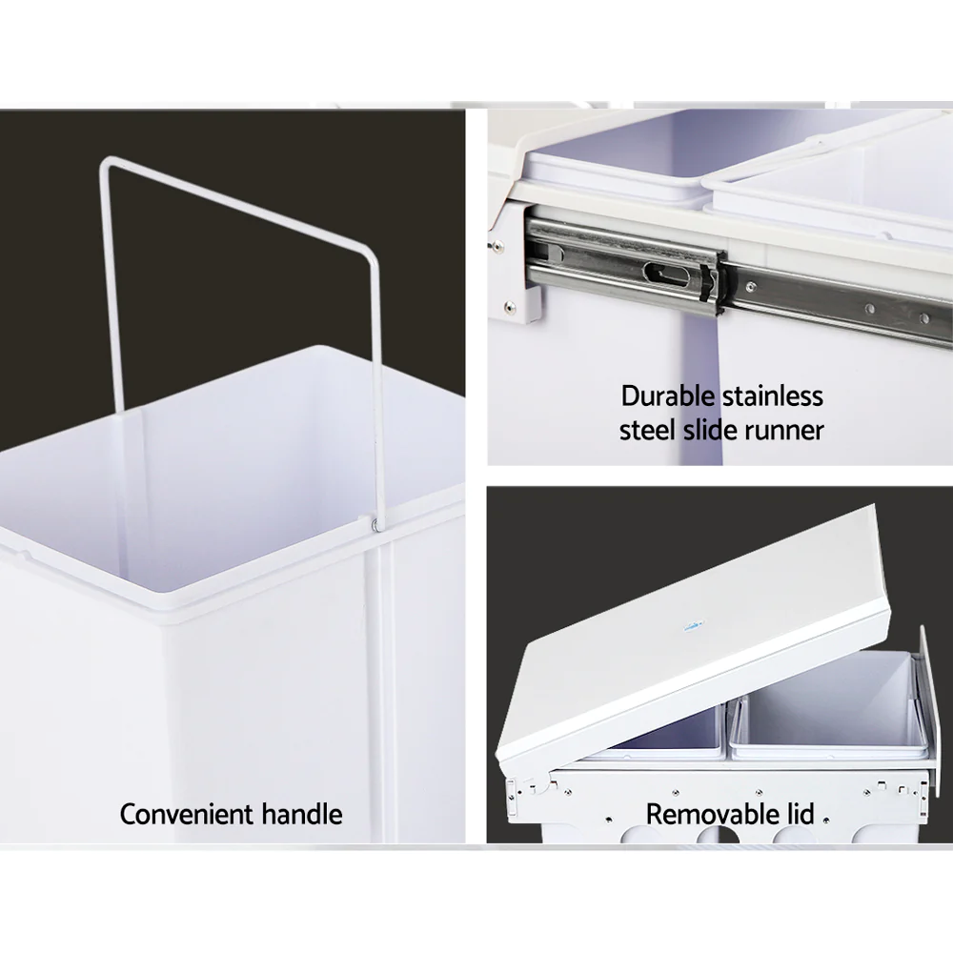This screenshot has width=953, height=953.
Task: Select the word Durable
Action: [667, 395]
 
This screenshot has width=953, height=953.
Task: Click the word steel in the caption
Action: [648, 430]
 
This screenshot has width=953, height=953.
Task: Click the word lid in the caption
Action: [798, 815]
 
